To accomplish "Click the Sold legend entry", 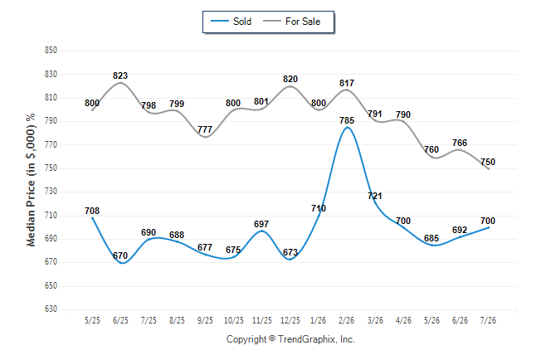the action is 231,22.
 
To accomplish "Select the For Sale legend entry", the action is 291,22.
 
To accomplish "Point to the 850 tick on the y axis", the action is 51,51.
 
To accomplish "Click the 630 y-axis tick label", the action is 51,309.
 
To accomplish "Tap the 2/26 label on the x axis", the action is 347,320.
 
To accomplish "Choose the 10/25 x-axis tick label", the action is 234,320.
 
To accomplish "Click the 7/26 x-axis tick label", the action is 488,320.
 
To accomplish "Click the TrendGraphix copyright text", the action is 290,339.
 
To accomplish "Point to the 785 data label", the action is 347,120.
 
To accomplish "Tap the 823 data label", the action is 120,75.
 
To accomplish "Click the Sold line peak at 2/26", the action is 348,128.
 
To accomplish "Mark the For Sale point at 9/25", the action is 206,137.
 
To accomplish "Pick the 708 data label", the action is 92,211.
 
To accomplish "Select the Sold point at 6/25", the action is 120,263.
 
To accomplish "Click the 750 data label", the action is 488,162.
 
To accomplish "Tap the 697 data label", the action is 261,224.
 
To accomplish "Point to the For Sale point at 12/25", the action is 290,86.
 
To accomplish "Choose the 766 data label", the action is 460,143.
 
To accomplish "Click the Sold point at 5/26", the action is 431,246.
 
